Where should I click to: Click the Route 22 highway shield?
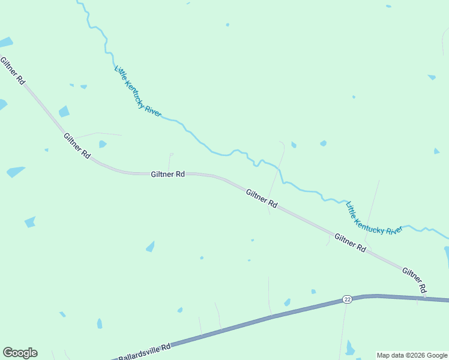click(x=347, y=299)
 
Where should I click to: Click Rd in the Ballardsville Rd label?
click(x=166, y=346)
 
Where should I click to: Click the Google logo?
click(x=20, y=353)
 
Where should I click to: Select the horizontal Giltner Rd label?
click(x=167, y=174)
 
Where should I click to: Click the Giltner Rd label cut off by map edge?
click(x=12, y=71)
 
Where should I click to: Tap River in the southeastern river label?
click(x=394, y=231)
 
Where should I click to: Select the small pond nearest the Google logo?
click(x=62, y=314)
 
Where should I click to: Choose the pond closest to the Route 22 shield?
click(x=313, y=292)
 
